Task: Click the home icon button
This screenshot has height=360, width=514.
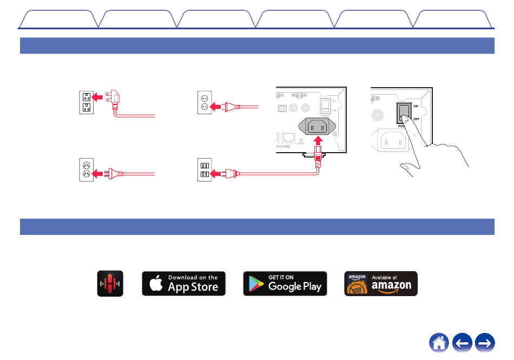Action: click(x=440, y=343)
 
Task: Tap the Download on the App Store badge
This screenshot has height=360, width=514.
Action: click(x=183, y=283)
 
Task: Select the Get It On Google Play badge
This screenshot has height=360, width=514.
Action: click(x=285, y=283)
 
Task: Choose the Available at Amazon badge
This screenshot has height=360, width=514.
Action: click(x=381, y=283)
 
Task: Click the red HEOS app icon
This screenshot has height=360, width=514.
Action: click(x=110, y=283)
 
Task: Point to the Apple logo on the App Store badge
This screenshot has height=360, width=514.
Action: click(x=156, y=283)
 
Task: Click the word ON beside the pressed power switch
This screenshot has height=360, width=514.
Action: click(x=416, y=106)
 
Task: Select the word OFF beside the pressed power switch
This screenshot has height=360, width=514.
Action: click(x=417, y=119)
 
